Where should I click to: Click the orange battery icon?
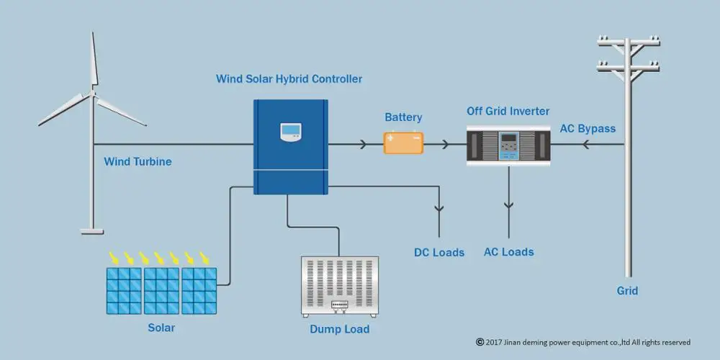pyautogui.click(x=404, y=143)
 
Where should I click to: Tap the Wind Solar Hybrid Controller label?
pyautogui.click(x=289, y=79)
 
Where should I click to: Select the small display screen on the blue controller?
pyautogui.click(x=291, y=132)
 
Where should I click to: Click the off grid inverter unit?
pyautogui.click(x=508, y=145)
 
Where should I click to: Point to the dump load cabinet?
pyautogui.click(x=340, y=287)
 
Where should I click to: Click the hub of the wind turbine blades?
pyautogui.click(x=93, y=93)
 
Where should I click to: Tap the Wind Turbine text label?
pyautogui.click(x=138, y=161)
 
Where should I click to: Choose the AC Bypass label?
pyautogui.click(x=588, y=129)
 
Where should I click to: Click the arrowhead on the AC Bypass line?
pyautogui.click(x=585, y=145)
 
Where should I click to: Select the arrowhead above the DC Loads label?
pyautogui.click(x=439, y=209)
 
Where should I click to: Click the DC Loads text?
pyautogui.click(x=439, y=253)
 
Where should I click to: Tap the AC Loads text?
pyautogui.click(x=509, y=252)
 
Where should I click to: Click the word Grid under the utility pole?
pyautogui.click(x=627, y=291)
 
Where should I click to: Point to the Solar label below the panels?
pyautogui.click(x=161, y=328)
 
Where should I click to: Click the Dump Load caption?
pyautogui.click(x=339, y=329)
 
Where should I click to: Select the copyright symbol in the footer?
pyautogui.click(x=480, y=342)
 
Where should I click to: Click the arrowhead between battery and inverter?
pyautogui.click(x=444, y=145)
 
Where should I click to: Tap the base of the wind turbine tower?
pyautogui.click(x=92, y=231)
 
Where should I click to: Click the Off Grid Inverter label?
pyautogui.click(x=508, y=111)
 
